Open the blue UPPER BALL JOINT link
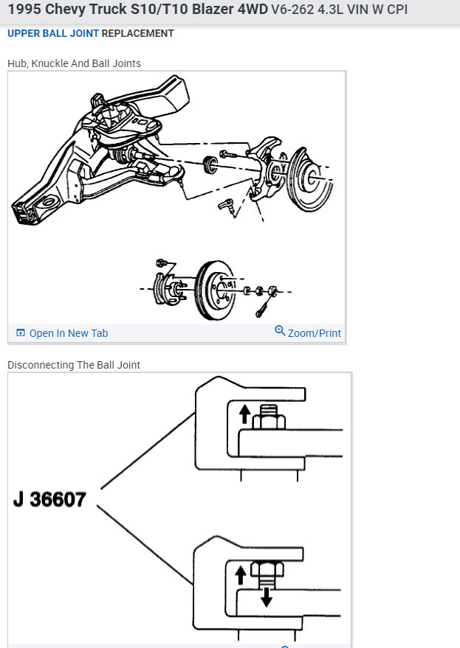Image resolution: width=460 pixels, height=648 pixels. point(52,33)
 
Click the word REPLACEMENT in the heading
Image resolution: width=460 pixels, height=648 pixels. point(137,33)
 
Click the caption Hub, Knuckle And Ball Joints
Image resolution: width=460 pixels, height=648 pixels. point(74,63)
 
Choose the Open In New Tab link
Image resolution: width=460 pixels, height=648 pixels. point(68,333)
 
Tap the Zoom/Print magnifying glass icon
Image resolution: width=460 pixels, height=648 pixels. point(280,331)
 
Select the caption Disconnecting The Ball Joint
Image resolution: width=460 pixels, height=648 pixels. point(74,365)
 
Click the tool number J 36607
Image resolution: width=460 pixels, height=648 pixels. point(49,500)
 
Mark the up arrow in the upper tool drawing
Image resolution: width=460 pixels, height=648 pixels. point(244,414)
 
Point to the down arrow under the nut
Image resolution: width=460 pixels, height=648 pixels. point(266,596)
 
